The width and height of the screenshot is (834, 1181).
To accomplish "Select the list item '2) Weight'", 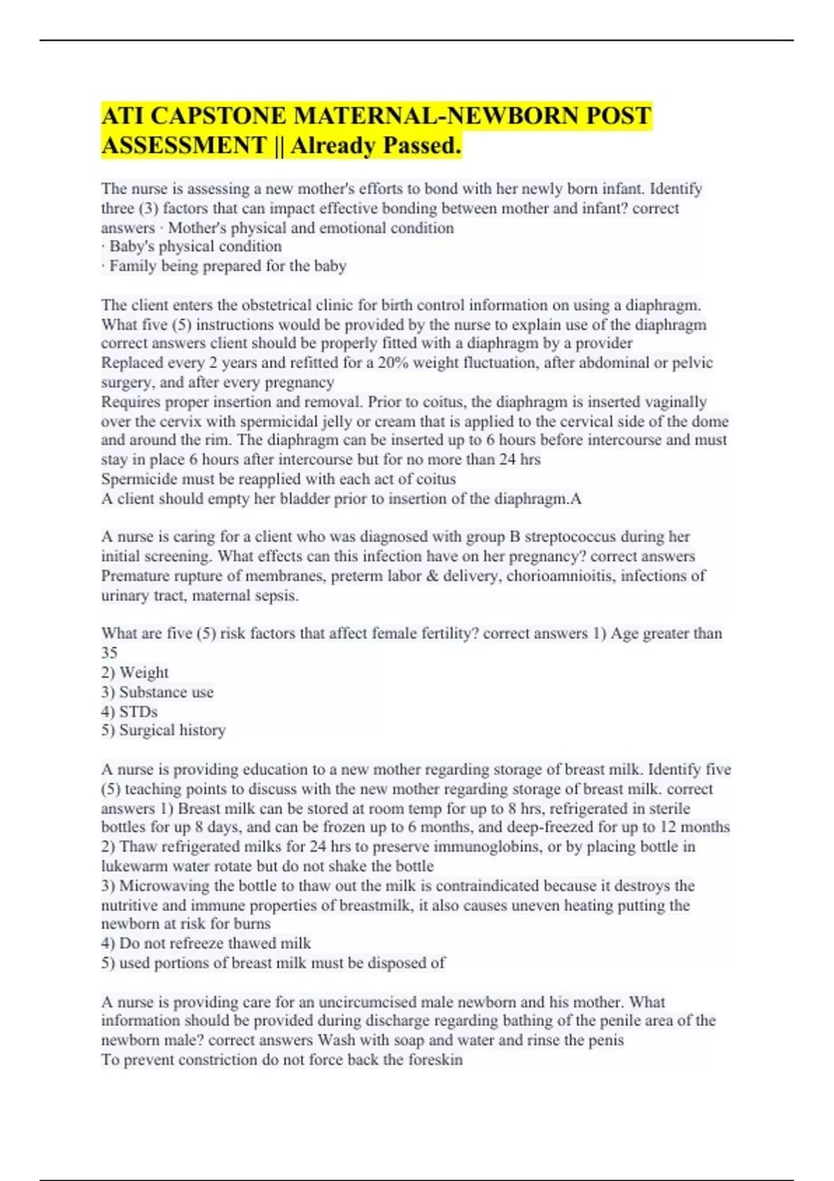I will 135,672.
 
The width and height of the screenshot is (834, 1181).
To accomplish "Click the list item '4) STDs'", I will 129,711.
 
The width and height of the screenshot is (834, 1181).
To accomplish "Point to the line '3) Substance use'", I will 157,692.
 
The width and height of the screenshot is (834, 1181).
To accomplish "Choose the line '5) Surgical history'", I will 163,730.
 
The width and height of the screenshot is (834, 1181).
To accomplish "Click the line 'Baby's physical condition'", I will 192,247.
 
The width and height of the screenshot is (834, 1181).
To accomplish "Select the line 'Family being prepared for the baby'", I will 224,266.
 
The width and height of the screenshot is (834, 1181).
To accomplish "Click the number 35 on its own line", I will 109,653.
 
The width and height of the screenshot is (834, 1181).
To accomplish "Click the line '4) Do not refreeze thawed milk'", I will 206,943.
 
